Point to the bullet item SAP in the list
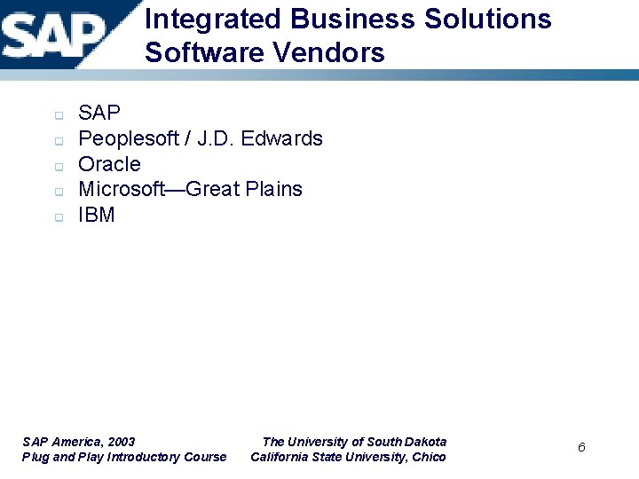99,114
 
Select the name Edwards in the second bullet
284,139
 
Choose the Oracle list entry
109,165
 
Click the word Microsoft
122,190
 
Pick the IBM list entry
97,216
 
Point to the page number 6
581,447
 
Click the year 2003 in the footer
120,442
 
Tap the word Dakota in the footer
425,442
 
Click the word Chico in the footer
429,458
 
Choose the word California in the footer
279,458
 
